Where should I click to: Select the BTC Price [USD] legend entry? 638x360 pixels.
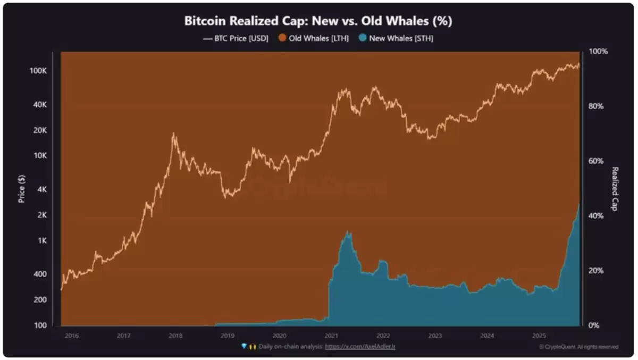coord(236,38)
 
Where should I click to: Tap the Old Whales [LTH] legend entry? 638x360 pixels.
coord(314,38)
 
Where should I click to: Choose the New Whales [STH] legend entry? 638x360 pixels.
coord(396,38)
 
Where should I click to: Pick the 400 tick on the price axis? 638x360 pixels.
coord(41,274)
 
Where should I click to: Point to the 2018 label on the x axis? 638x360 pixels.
coord(175,336)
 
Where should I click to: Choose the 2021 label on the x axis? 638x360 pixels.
coord(331,336)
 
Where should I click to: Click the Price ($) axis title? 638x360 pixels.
coord(22,189)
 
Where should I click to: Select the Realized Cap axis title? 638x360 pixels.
coord(615,189)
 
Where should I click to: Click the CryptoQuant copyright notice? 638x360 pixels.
coord(578,347)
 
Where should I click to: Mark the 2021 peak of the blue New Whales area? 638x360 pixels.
coord(348,231)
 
